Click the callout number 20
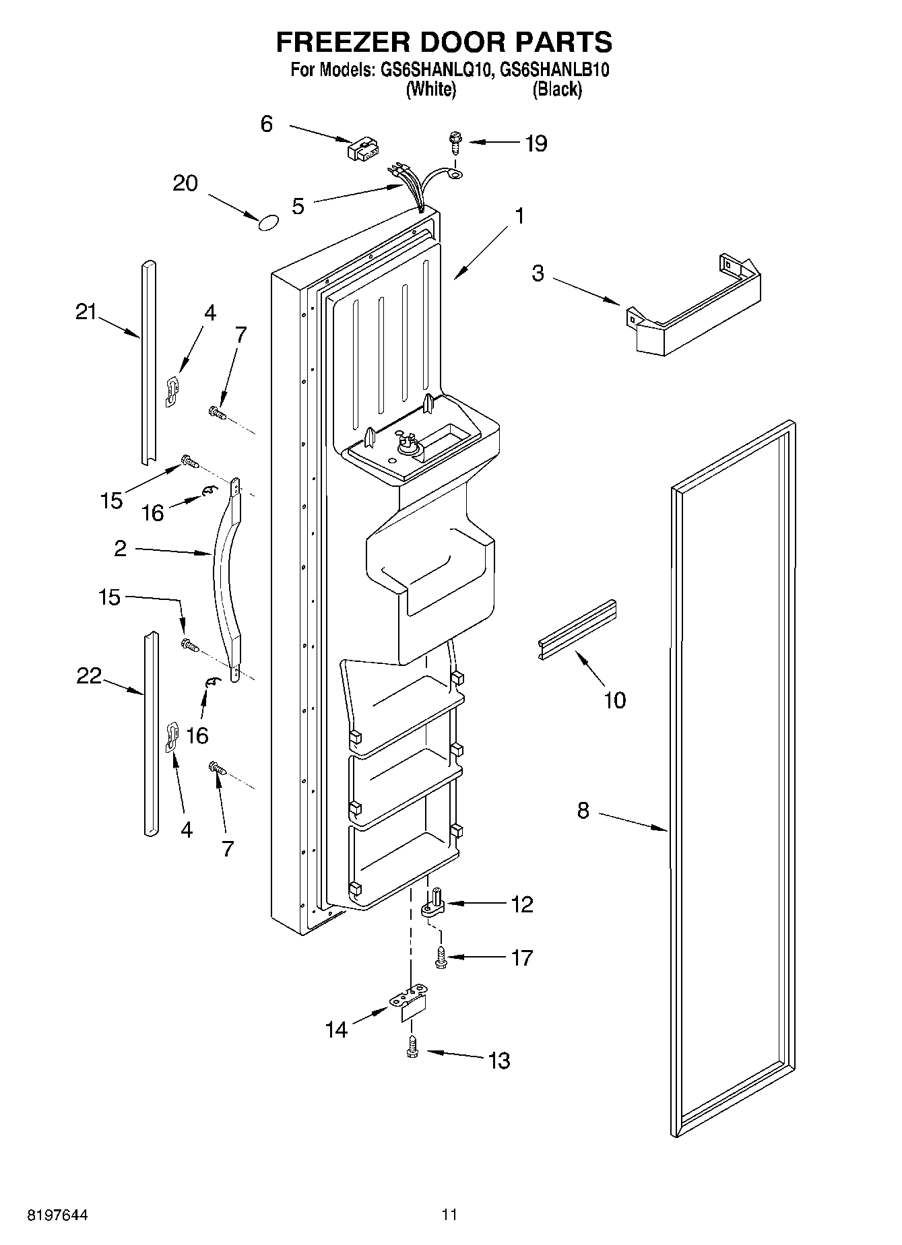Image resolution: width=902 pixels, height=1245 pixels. coord(185,183)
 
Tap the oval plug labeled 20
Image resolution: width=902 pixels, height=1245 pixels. coord(268,223)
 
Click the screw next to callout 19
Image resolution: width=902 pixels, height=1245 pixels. coord(454,143)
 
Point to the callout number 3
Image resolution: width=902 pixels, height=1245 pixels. coord(538,274)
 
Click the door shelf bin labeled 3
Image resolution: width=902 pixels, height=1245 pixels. coord(694,309)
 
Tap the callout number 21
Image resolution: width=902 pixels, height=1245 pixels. coord(86,312)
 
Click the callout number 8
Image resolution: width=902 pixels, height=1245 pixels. coord(583,810)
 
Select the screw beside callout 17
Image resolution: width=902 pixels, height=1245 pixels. coord(441,957)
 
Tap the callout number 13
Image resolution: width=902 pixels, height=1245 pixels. coord(498,1061)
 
